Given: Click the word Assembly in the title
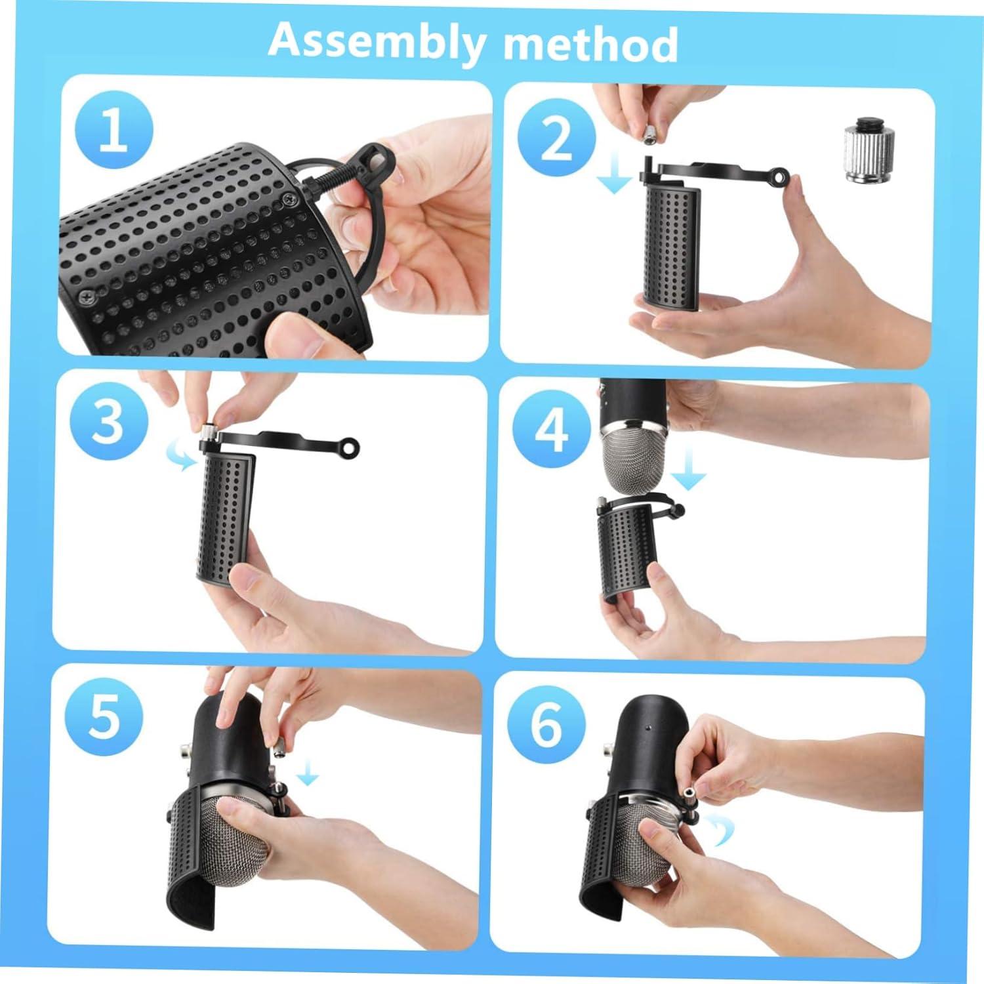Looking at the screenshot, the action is point(377,41).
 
